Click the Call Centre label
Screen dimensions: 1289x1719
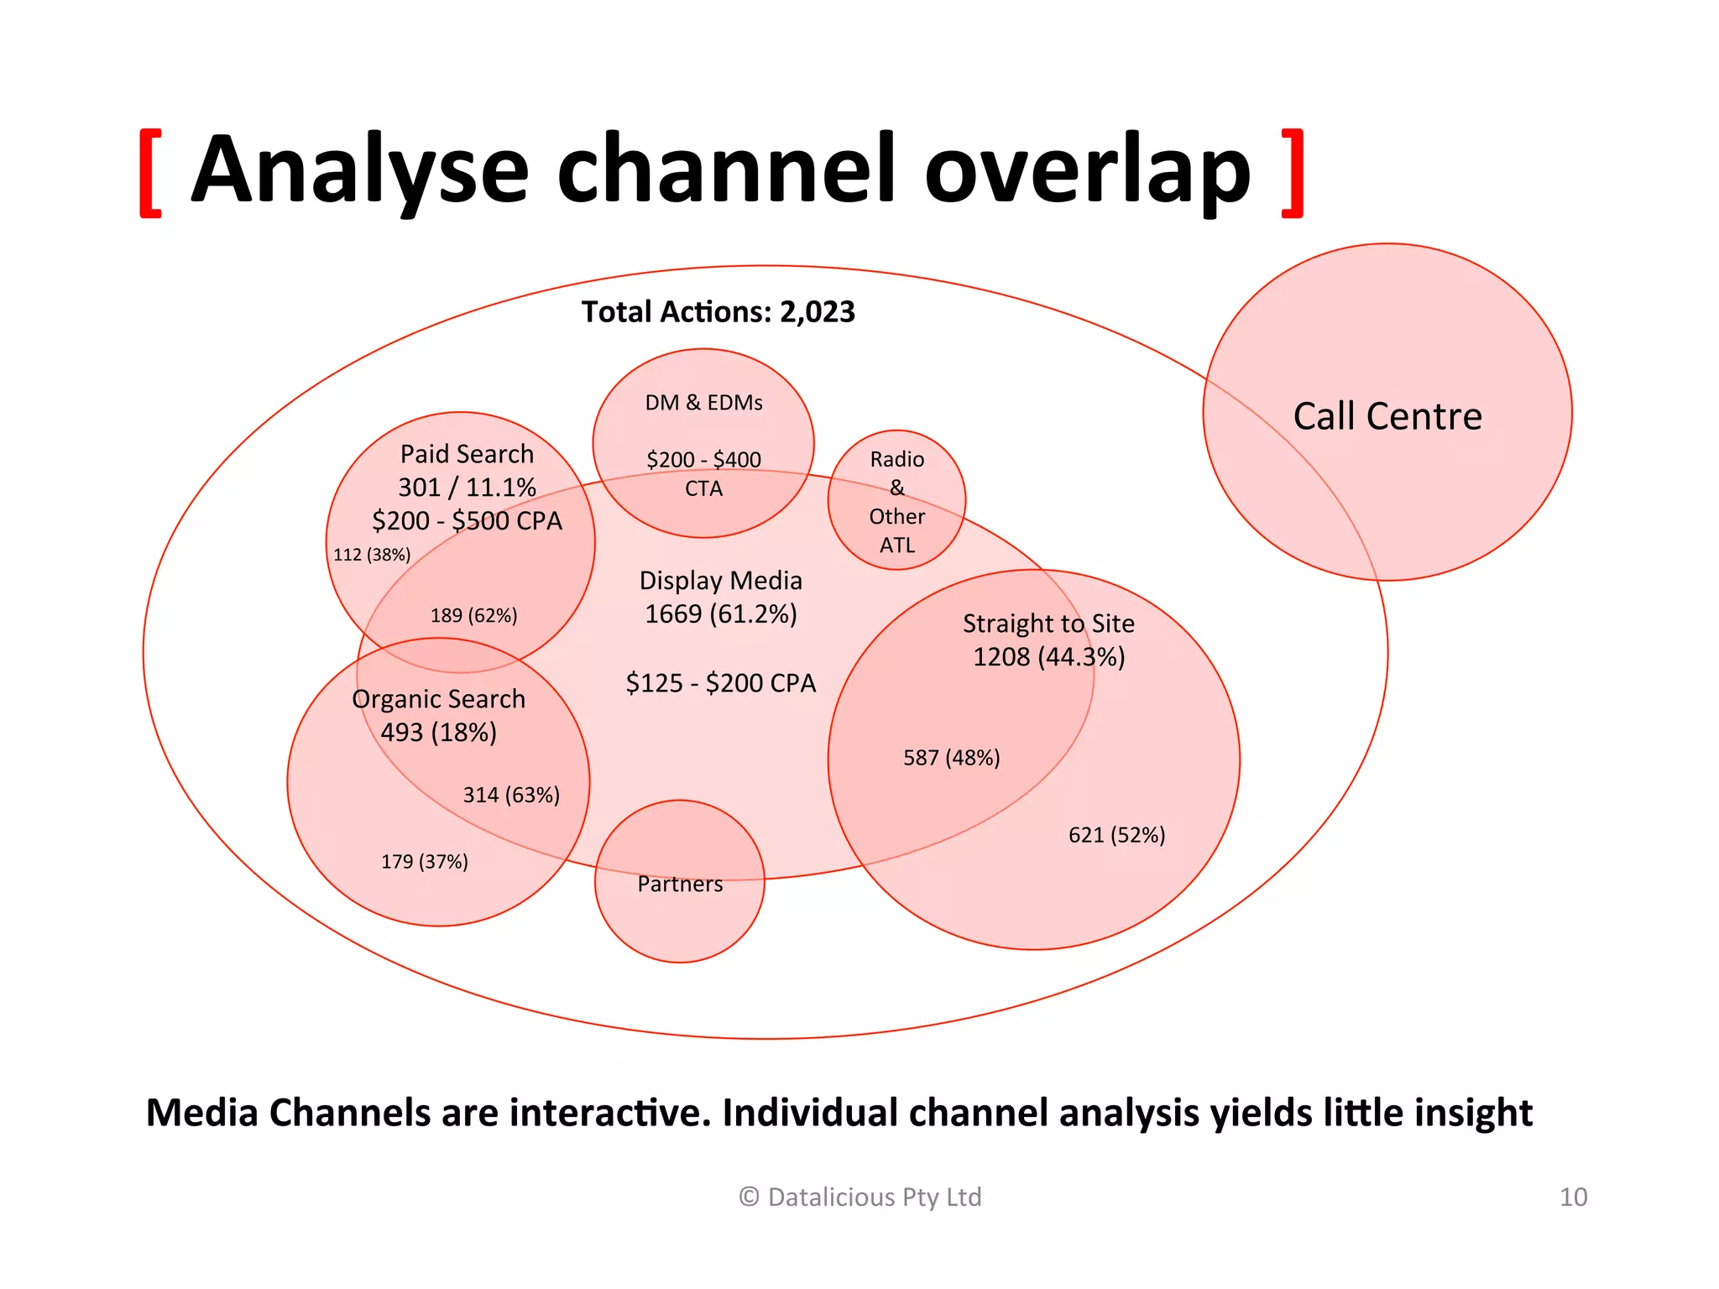pos(1387,416)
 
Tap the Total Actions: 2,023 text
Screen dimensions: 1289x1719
pos(718,312)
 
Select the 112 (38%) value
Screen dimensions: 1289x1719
pos(372,555)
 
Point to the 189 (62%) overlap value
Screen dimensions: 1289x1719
pos(473,615)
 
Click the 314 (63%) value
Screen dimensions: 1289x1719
pos(511,795)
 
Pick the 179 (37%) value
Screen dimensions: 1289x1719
pos(425,861)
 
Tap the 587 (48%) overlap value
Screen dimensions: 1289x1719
pos(951,758)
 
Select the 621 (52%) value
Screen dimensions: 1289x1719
pos(1116,835)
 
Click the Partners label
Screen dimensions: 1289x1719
pos(680,884)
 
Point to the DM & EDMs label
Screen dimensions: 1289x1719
pos(703,403)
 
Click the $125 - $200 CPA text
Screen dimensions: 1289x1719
pos(720,683)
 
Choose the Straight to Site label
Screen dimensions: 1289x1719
pos(1048,624)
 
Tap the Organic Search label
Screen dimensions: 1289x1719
pos(438,699)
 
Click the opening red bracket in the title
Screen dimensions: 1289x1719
pos(151,173)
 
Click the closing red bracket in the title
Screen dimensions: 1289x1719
pos(1293,173)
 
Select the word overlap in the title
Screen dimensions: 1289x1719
pos(1087,171)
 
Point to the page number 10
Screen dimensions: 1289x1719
pos(1573,1197)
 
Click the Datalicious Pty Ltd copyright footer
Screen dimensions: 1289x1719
pos(859,1197)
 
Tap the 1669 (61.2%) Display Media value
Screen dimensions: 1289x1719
pos(720,614)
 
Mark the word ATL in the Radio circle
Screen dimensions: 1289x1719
pos(896,545)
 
